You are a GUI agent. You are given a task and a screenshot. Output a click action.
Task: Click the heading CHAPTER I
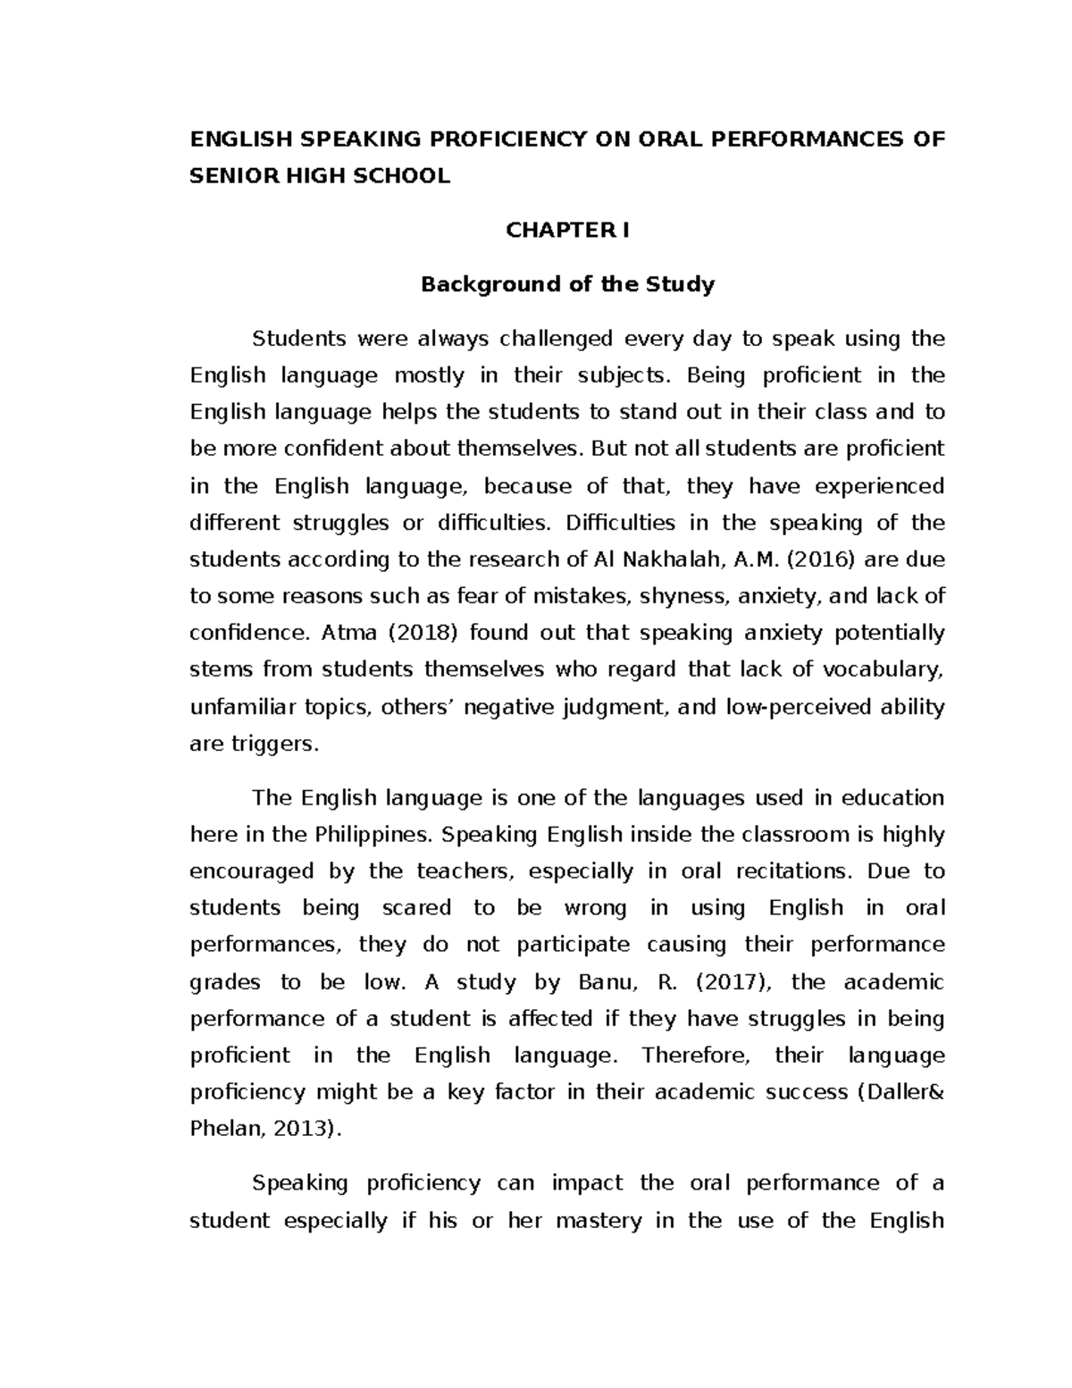[x=567, y=231]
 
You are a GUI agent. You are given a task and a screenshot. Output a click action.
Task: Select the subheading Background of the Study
[x=567, y=285]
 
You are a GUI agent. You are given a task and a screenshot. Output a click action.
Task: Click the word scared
[x=416, y=908]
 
